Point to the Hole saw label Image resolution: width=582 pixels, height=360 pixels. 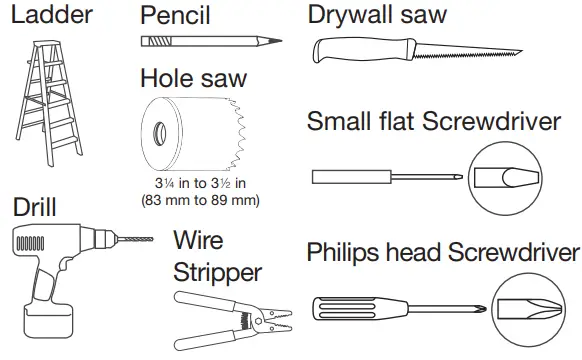(x=193, y=78)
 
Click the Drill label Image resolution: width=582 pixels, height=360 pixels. (x=34, y=207)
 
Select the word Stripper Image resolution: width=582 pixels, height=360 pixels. (x=218, y=272)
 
